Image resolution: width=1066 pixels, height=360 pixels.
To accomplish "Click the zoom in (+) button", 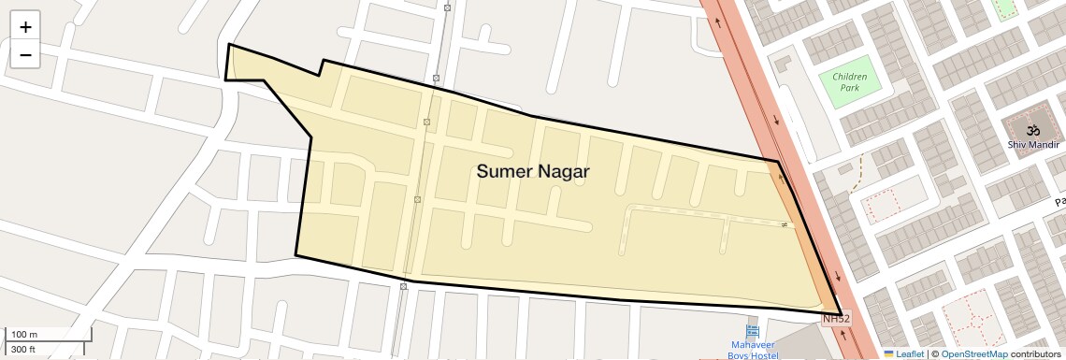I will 25,27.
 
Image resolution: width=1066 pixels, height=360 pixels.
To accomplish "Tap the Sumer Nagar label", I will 533,171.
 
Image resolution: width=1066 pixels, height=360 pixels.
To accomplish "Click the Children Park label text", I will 849,81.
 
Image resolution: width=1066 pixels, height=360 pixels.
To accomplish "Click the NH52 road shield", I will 836,320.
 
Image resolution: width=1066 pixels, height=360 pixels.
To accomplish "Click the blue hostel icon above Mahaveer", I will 753,331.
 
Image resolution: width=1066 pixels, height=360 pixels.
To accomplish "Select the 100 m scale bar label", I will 24,335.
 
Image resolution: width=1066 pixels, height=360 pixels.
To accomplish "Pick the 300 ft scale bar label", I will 23,350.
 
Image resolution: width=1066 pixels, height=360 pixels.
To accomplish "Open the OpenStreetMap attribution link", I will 973,354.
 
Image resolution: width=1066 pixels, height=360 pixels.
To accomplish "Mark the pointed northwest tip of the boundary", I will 229,44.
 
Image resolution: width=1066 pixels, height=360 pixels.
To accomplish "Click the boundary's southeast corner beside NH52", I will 842,313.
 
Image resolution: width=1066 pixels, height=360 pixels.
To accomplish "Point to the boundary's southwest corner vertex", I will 295,254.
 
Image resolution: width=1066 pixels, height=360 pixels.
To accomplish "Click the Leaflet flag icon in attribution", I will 888,354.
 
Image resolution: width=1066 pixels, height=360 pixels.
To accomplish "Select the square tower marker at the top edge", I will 447,7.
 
